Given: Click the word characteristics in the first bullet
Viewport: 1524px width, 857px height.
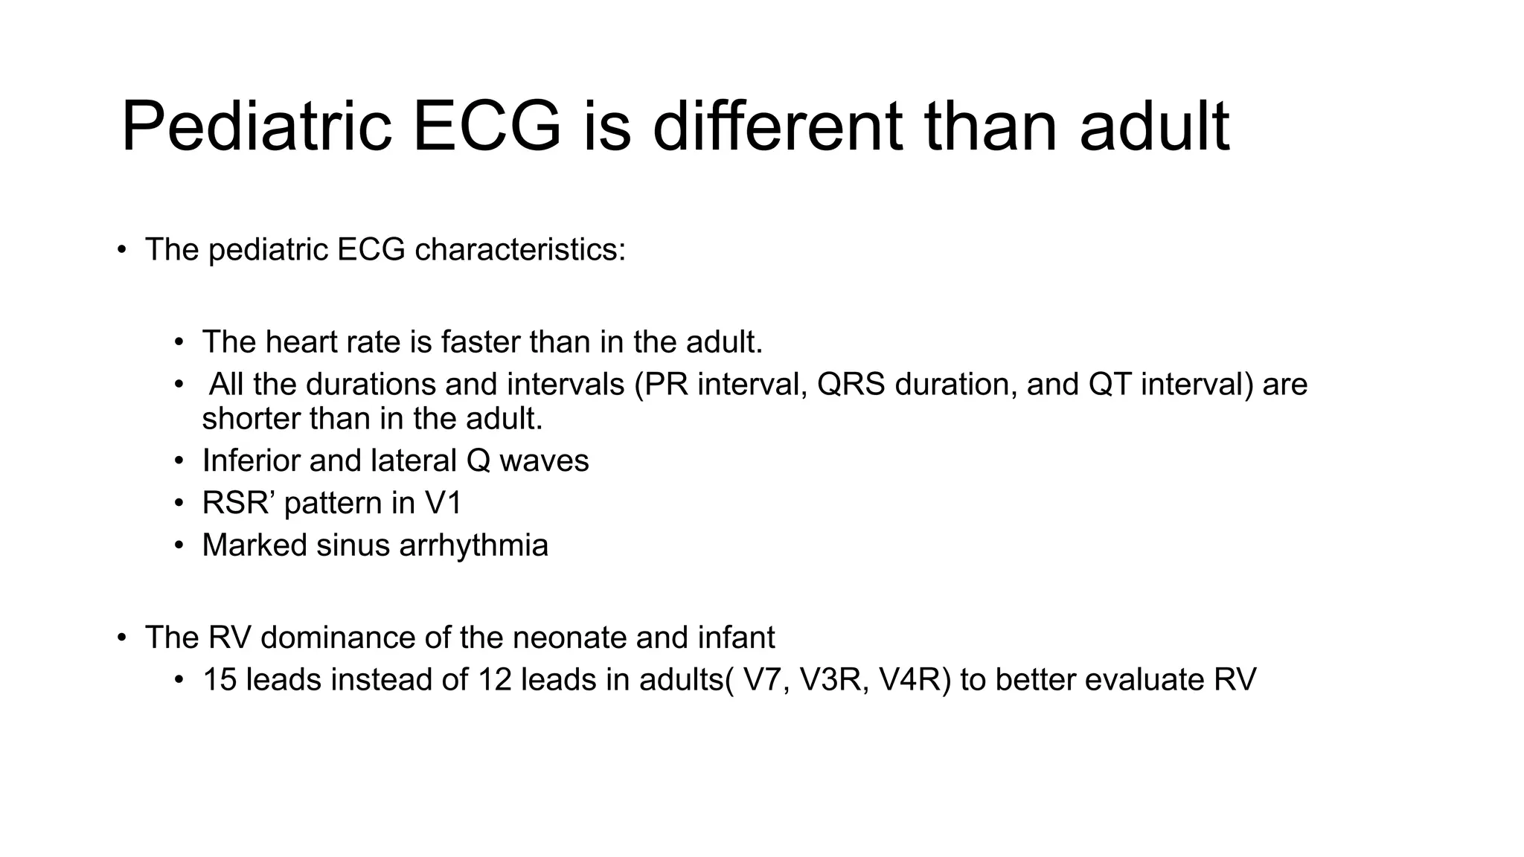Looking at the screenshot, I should [519, 250].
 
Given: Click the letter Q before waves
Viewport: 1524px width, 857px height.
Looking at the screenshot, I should [478, 461].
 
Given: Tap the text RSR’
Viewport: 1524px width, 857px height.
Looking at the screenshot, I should [240, 504].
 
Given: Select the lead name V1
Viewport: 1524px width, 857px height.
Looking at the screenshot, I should [443, 504].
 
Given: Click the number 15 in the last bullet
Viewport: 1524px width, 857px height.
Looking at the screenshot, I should [220, 680].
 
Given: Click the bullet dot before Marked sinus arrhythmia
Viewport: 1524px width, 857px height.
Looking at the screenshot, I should [179, 546].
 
